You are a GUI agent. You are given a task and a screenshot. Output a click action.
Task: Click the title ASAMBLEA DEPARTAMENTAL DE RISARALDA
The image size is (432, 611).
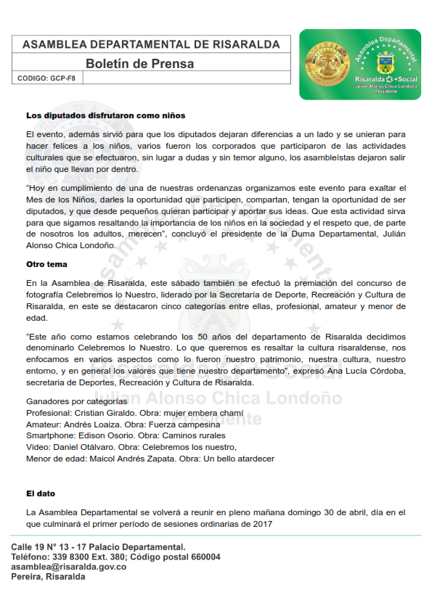coord(151,44)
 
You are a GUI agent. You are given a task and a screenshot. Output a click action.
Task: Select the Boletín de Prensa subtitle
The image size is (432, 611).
coord(139,64)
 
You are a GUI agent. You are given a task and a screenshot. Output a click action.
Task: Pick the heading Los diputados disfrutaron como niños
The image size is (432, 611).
coord(105,115)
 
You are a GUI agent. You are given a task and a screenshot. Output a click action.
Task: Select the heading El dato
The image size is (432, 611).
coord(41,493)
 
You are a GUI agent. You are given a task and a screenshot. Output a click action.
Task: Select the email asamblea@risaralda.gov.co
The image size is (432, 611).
coord(69,567)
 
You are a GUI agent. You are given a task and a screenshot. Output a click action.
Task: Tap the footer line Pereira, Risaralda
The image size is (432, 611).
coord(48,577)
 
